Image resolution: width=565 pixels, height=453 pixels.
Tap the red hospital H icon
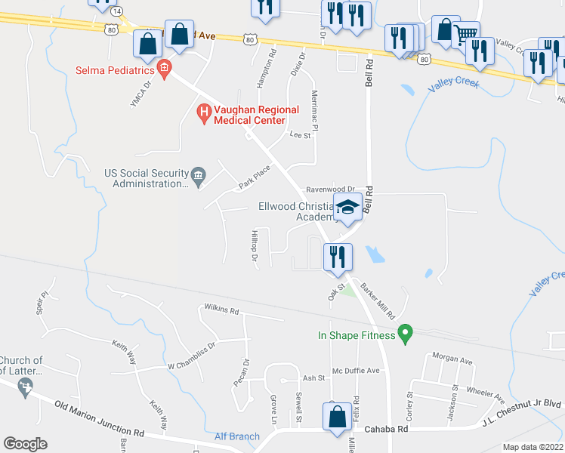[202, 114]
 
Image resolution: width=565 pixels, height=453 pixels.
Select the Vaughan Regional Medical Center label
[249, 115]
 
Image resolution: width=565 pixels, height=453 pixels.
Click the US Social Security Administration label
[147, 178]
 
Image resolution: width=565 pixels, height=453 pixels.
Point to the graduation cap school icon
[347, 208]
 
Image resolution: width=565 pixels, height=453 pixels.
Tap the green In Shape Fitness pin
[405, 332]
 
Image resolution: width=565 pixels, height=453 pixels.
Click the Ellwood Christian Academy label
[296, 211]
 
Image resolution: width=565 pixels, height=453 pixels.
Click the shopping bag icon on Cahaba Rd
[336, 417]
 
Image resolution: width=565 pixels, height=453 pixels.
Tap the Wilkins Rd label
[221, 310]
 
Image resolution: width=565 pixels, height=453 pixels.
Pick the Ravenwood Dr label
[329, 189]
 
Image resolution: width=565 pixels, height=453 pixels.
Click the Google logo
[25, 444]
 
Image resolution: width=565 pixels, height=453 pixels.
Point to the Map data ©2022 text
[532, 447]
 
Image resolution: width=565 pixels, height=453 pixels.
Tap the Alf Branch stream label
[236, 436]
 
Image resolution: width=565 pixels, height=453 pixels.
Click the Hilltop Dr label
[255, 245]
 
